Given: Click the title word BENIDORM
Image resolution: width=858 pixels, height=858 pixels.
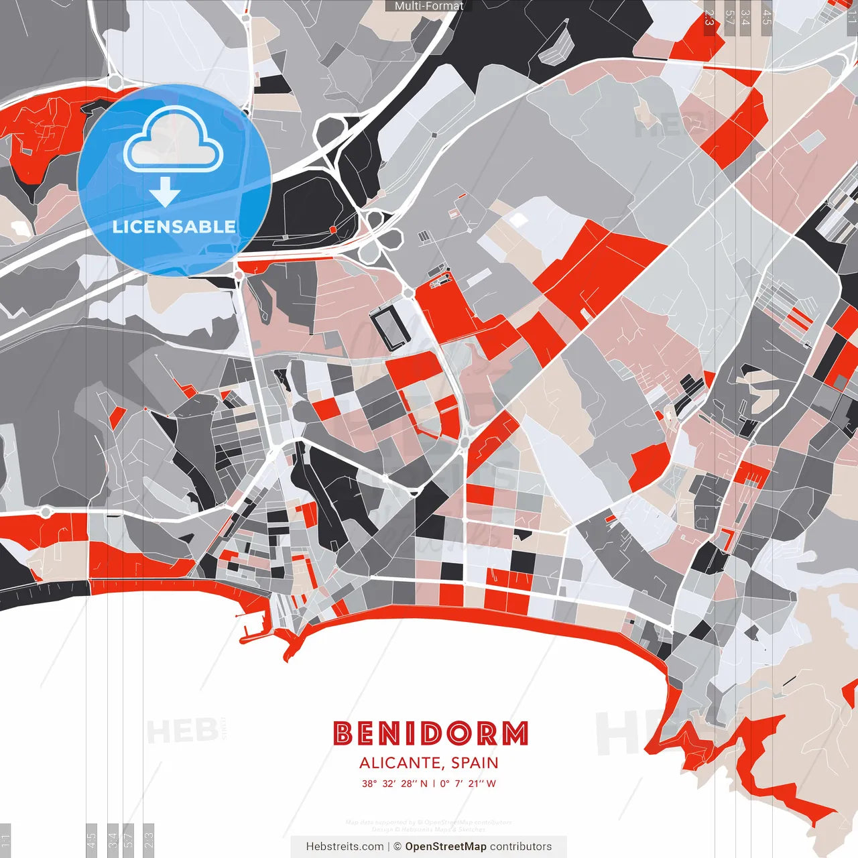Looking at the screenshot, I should pos(430,733).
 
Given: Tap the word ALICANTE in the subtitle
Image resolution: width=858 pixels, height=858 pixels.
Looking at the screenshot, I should pos(400,763).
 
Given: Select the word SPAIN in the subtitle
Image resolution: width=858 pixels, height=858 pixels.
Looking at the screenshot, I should pos(475,763).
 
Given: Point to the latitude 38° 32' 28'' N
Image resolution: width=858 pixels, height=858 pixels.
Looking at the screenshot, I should pos(394,784).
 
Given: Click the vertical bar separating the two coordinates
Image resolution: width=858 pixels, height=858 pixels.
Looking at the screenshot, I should pos(433,784).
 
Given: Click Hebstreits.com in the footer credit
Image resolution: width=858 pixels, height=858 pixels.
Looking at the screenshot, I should pos(345,847).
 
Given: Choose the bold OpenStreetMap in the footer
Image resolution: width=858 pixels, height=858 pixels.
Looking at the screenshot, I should pos(446,847).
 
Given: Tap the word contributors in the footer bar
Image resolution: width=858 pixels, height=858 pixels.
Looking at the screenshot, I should pos(521,847).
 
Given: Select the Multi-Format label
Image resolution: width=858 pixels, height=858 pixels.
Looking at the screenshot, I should pos(429,6).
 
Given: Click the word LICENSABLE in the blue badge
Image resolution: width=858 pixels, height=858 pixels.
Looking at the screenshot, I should pos(174,227).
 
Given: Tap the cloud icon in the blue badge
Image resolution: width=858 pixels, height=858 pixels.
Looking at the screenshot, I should pos(174,139).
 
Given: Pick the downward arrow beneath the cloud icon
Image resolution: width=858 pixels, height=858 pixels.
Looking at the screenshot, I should pos(165,194).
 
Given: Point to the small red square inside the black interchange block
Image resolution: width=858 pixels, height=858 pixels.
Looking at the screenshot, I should pos(332,230).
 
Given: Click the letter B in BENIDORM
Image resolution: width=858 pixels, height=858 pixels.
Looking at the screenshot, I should pos(343,733).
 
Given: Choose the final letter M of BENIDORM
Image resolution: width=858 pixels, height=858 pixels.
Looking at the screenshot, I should pos(515,733).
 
